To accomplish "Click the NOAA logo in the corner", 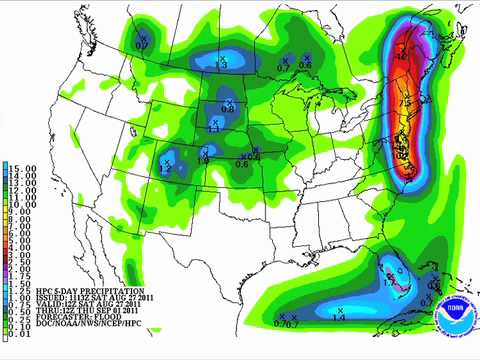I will click(x=455, y=306).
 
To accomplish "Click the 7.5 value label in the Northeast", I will click(x=405, y=103).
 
